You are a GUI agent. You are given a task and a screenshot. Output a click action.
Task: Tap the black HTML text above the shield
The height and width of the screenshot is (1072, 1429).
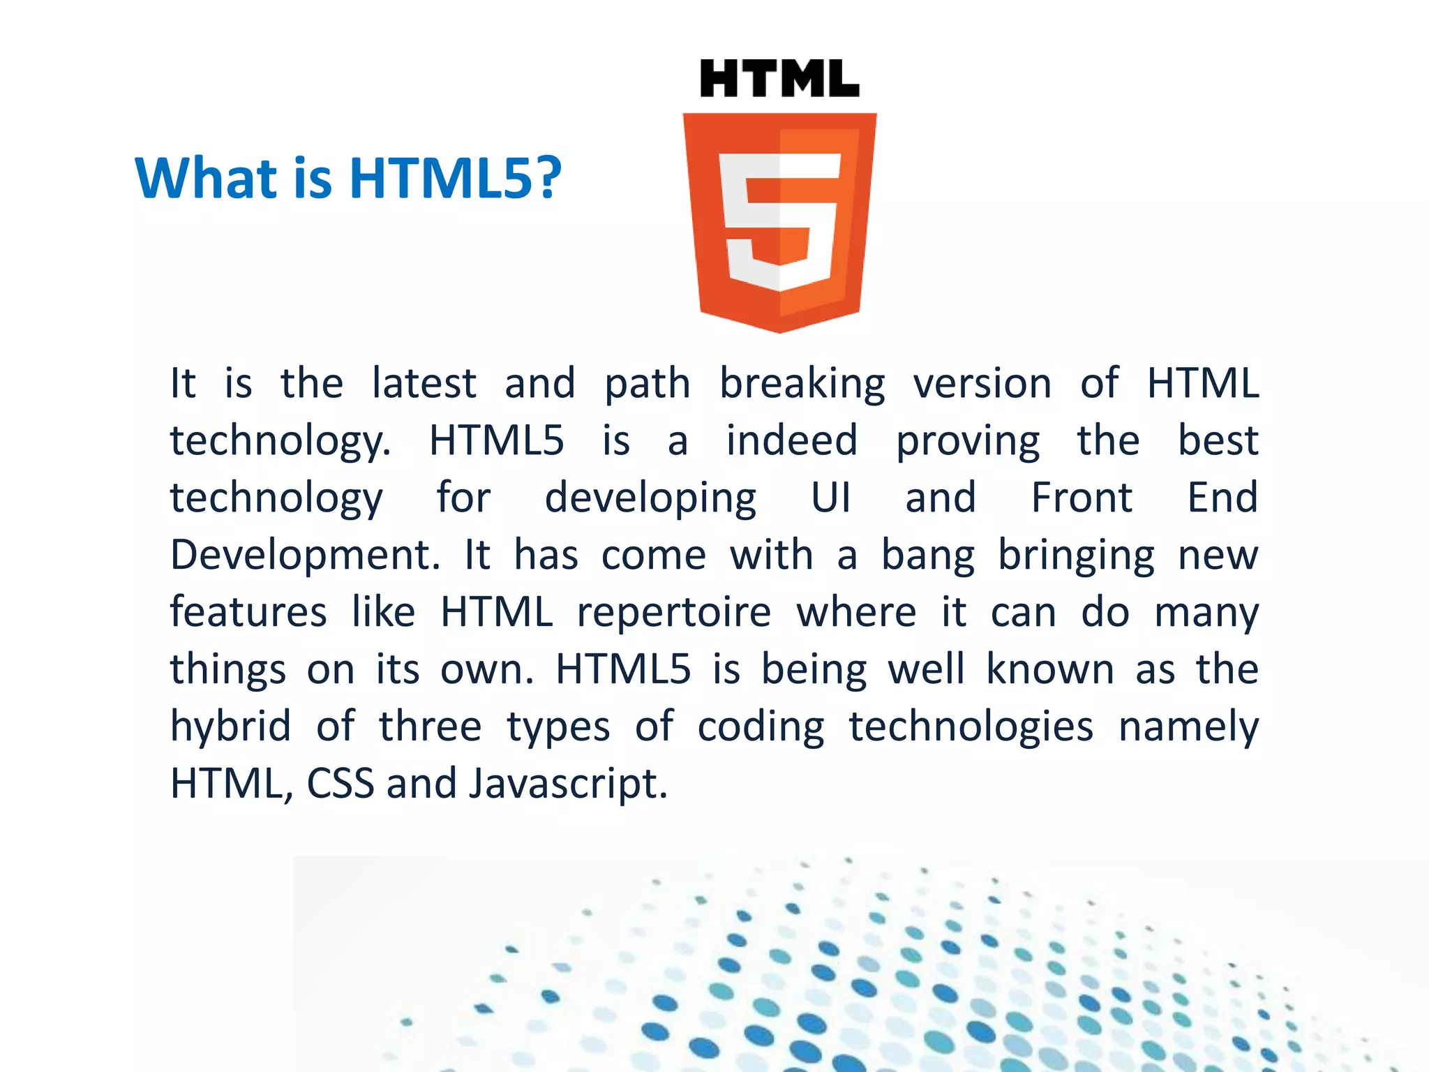(779, 78)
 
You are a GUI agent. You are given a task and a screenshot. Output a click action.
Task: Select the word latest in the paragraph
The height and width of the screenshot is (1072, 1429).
(424, 383)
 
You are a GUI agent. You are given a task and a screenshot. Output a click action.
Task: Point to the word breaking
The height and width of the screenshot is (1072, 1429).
(802, 385)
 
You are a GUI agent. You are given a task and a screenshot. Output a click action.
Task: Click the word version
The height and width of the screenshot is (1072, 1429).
(982, 383)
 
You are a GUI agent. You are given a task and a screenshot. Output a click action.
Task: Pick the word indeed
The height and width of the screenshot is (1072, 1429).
(792, 440)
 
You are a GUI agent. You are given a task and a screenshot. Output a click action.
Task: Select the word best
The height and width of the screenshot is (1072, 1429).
(1218, 440)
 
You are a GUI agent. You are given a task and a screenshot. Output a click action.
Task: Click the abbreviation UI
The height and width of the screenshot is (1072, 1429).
(831, 498)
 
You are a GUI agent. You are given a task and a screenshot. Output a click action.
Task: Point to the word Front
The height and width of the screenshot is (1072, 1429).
(1082, 498)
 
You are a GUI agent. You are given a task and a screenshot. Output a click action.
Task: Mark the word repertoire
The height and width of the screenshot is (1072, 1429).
(674, 613)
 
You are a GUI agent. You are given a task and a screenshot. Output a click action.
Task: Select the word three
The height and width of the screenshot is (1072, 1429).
(430, 727)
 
